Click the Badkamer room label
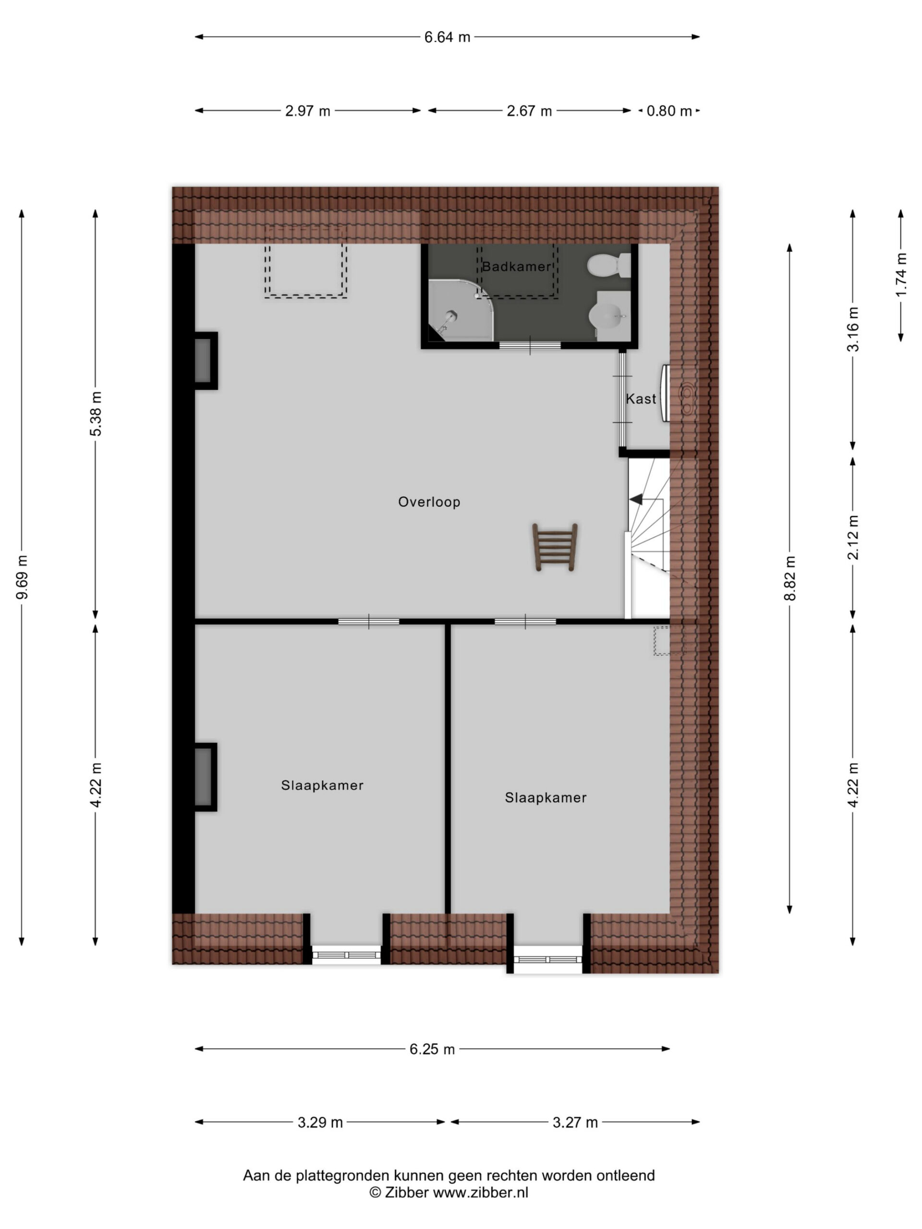click(516, 267)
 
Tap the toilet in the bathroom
click(608, 265)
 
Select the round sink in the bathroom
click(608, 315)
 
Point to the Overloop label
click(429, 502)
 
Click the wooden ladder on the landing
click(555, 547)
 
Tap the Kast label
click(641, 399)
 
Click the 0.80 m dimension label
click(669, 111)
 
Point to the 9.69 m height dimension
click(22, 578)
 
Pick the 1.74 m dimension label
click(901, 275)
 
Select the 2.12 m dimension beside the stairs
click(853, 537)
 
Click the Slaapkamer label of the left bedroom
click(322, 785)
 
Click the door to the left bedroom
click(368, 622)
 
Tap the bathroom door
click(530, 345)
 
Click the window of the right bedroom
click(547, 960)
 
